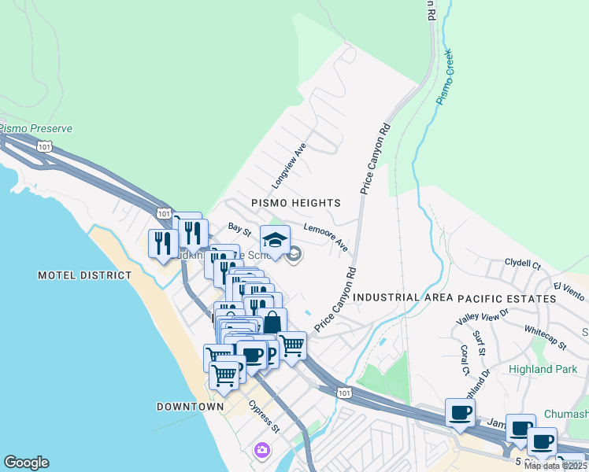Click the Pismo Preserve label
coord(36,128)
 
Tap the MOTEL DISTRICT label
coord(84,275)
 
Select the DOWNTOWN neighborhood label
coord(190,407)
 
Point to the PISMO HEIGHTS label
coord(295,203)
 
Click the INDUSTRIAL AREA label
coord(402,297)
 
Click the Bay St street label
coord(239,229)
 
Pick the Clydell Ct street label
coord(523,264)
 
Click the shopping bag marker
coord(272,322)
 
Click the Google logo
coord(26,463)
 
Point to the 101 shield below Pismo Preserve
coord(44,146)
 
